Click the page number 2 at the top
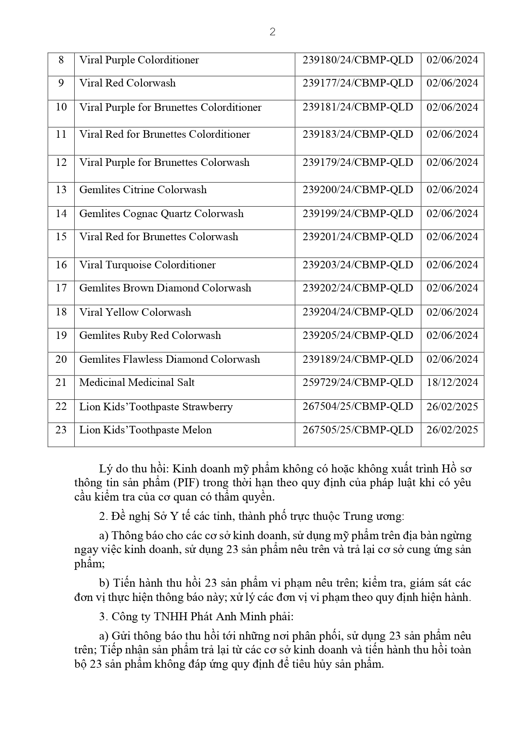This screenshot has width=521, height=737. tap(272, 32)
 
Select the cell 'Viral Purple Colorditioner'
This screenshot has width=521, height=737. tap(139, 60)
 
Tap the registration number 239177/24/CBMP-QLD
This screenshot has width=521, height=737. tap(358, 83)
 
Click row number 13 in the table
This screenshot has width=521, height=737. tap(61, 190)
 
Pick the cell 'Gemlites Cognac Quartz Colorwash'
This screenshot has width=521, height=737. tap(161, 214)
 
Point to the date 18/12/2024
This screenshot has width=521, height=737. tap(452, 383)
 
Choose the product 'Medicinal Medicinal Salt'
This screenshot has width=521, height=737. tap(137, 383)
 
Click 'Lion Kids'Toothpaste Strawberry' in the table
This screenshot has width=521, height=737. tap(156, 407)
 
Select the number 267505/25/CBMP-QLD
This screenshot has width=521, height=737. tap(358, 430)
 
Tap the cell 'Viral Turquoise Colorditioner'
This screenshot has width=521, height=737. tap(147, 265)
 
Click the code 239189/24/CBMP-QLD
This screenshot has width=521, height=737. tap(358, 359)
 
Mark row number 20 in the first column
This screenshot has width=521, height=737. tap(61, 359)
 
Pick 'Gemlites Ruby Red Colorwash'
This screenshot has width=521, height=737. tap(150, 336)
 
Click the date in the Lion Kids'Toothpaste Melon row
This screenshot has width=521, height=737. tap(452, 430)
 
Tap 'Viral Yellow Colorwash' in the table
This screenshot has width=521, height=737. tap(135, 312)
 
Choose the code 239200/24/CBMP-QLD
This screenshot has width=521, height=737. tap(358, 190)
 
